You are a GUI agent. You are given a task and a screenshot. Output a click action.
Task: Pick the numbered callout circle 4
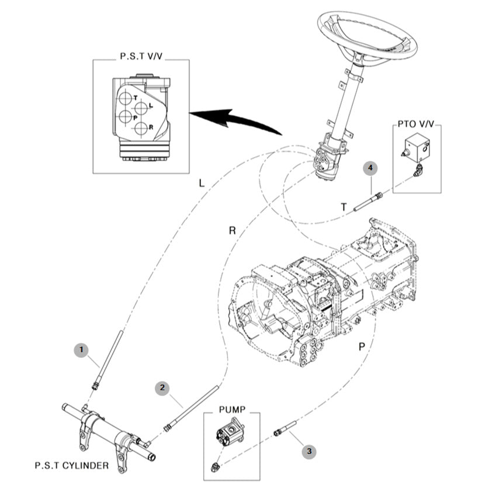pyautogui.click(x=370, y=168)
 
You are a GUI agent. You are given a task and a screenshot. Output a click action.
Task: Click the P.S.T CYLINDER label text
pyautogui.click(x=71, y=466)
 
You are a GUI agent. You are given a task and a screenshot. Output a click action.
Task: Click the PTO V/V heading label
pyautogui.click(x=415, y=124)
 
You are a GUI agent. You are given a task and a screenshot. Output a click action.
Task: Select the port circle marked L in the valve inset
pyautogui.click(x=141, y=108)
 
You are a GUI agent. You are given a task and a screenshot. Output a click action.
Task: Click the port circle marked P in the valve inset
pyautogui.click(x=126, y=117)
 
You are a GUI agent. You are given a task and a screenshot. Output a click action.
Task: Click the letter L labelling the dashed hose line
pyautogui.click(x=201, y=183)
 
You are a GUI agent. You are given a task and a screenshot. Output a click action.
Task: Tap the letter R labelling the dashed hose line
pyautogui.click(x=232, y=230)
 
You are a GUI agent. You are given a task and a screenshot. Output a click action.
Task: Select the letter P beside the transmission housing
pyautogui.click(x=362, y=346)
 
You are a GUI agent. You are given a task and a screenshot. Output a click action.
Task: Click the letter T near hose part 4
pyautogui.click(x=344, y=207)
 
